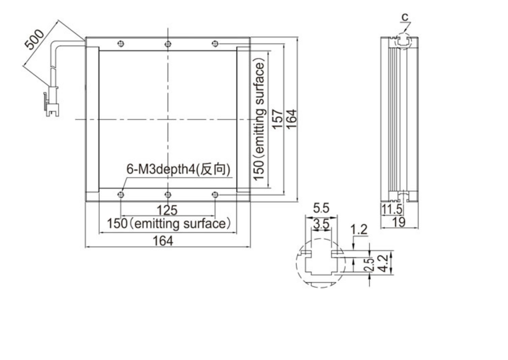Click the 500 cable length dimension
(x=34, y=40)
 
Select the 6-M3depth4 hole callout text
(x=178, y=169)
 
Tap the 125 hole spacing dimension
(x=167, y=210)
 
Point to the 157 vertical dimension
(x=277, y=119)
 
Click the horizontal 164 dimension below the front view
(x=163, y=241)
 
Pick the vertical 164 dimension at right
(x=292, y=119)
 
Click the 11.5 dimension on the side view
(x=391, y=209)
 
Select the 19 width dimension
(x=398, y=222)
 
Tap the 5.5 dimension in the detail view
(x=321, y=208)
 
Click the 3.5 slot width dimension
(x=321, y=223)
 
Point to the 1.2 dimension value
(x=359, y=230)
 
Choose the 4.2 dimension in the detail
(x=383, y=263)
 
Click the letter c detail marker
(x=405, y=17)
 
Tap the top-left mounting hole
(x=121, y=44)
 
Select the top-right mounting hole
(x=215, y=44)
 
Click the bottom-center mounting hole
(x=168, y=194)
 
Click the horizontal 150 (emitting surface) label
(x=169, y=224)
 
